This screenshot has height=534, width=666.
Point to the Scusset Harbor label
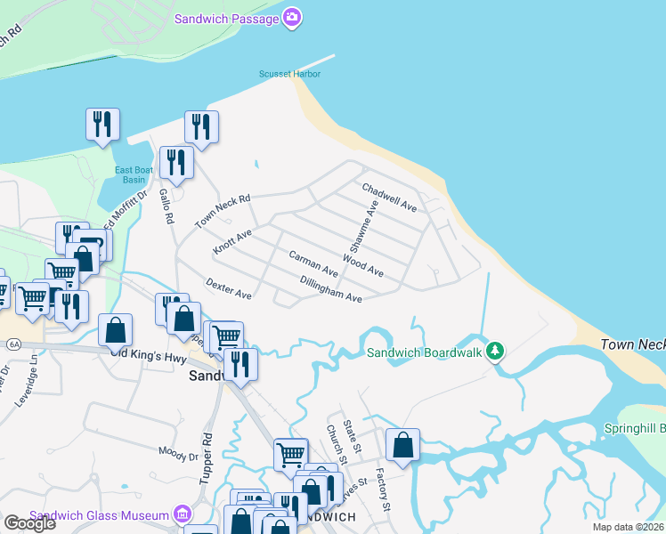(x=289, y=74)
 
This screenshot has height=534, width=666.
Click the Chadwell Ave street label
(x=389, y=198)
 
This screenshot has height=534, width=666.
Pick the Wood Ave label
(x=362, y=264)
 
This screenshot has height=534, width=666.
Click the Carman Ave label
(x=313, y=263)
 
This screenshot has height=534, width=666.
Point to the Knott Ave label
(x=232, y=242)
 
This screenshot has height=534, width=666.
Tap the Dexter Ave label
(x=228, y=288)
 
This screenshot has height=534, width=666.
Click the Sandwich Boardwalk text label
(x=425, y=352)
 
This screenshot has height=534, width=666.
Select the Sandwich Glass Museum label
(x=99, y=514)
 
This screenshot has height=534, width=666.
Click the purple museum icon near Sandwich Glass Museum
(x=183, y=514)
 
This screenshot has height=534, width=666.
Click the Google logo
(x=29, y=523)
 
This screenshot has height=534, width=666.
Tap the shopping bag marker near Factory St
(x=402, y=444)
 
